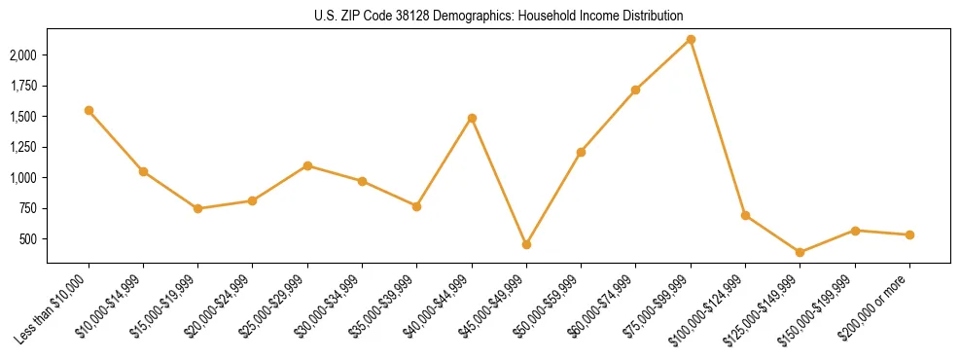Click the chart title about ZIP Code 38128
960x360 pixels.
click(480, 16)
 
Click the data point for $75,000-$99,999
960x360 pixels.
click(691, 40)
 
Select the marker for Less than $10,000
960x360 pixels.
click(89, 111)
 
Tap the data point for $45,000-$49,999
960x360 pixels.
click(526, 244)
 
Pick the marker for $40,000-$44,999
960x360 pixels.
click(472, 119)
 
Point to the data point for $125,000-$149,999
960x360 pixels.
click(800, 252)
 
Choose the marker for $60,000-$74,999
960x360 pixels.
click(636, 90)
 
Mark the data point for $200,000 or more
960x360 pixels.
click(909, 234)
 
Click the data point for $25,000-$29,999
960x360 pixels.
click(307, 165)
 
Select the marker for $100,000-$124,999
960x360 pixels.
click(745, 215)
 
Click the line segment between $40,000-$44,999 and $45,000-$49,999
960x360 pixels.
click(499, 181)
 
